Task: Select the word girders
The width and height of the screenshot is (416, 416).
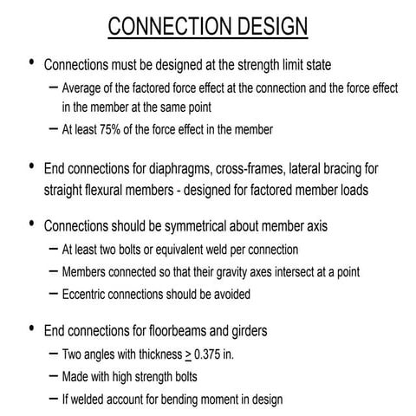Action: pos(267,331)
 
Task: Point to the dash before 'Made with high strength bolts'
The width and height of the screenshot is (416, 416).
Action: pos(53,377)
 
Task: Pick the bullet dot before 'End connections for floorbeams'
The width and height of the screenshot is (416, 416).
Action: pos(32,330)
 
